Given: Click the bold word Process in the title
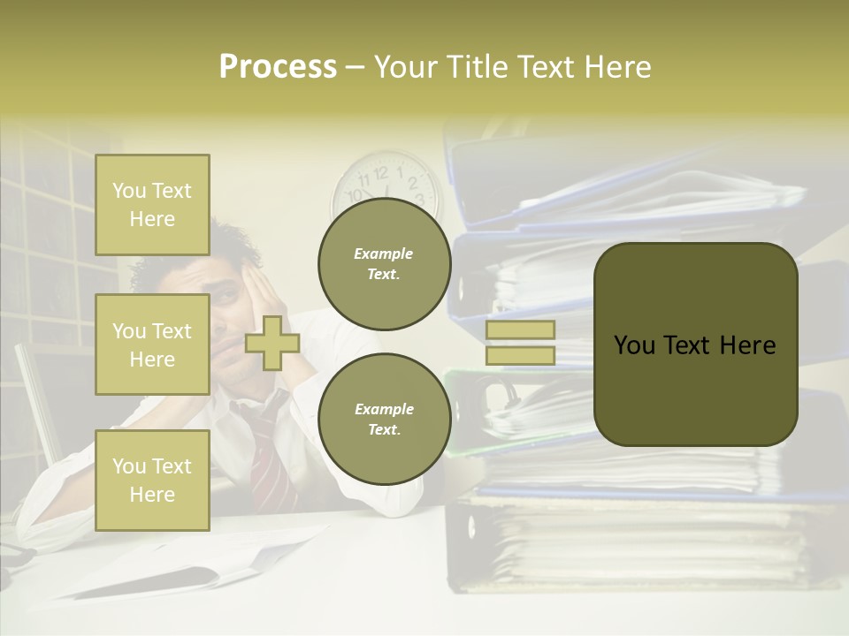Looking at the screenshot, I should tap(278, 67).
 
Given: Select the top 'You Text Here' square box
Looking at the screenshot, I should tap(152, 205).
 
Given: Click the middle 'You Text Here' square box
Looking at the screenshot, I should tap(152, 344).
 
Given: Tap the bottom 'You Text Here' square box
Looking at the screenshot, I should tap(152, 481).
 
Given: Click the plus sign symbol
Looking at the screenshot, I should tap(272, 343).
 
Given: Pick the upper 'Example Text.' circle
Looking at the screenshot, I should tap(384, 263).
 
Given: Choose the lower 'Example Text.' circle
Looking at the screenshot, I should tap(384, 420).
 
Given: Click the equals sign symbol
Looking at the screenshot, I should tap(521, 343).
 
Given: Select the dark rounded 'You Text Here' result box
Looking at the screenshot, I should tap(695, 344).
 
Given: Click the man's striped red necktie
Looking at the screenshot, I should tap(270, 459).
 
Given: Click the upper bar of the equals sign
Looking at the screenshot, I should tap(521, 329).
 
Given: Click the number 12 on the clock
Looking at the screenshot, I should tap(382, 170).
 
